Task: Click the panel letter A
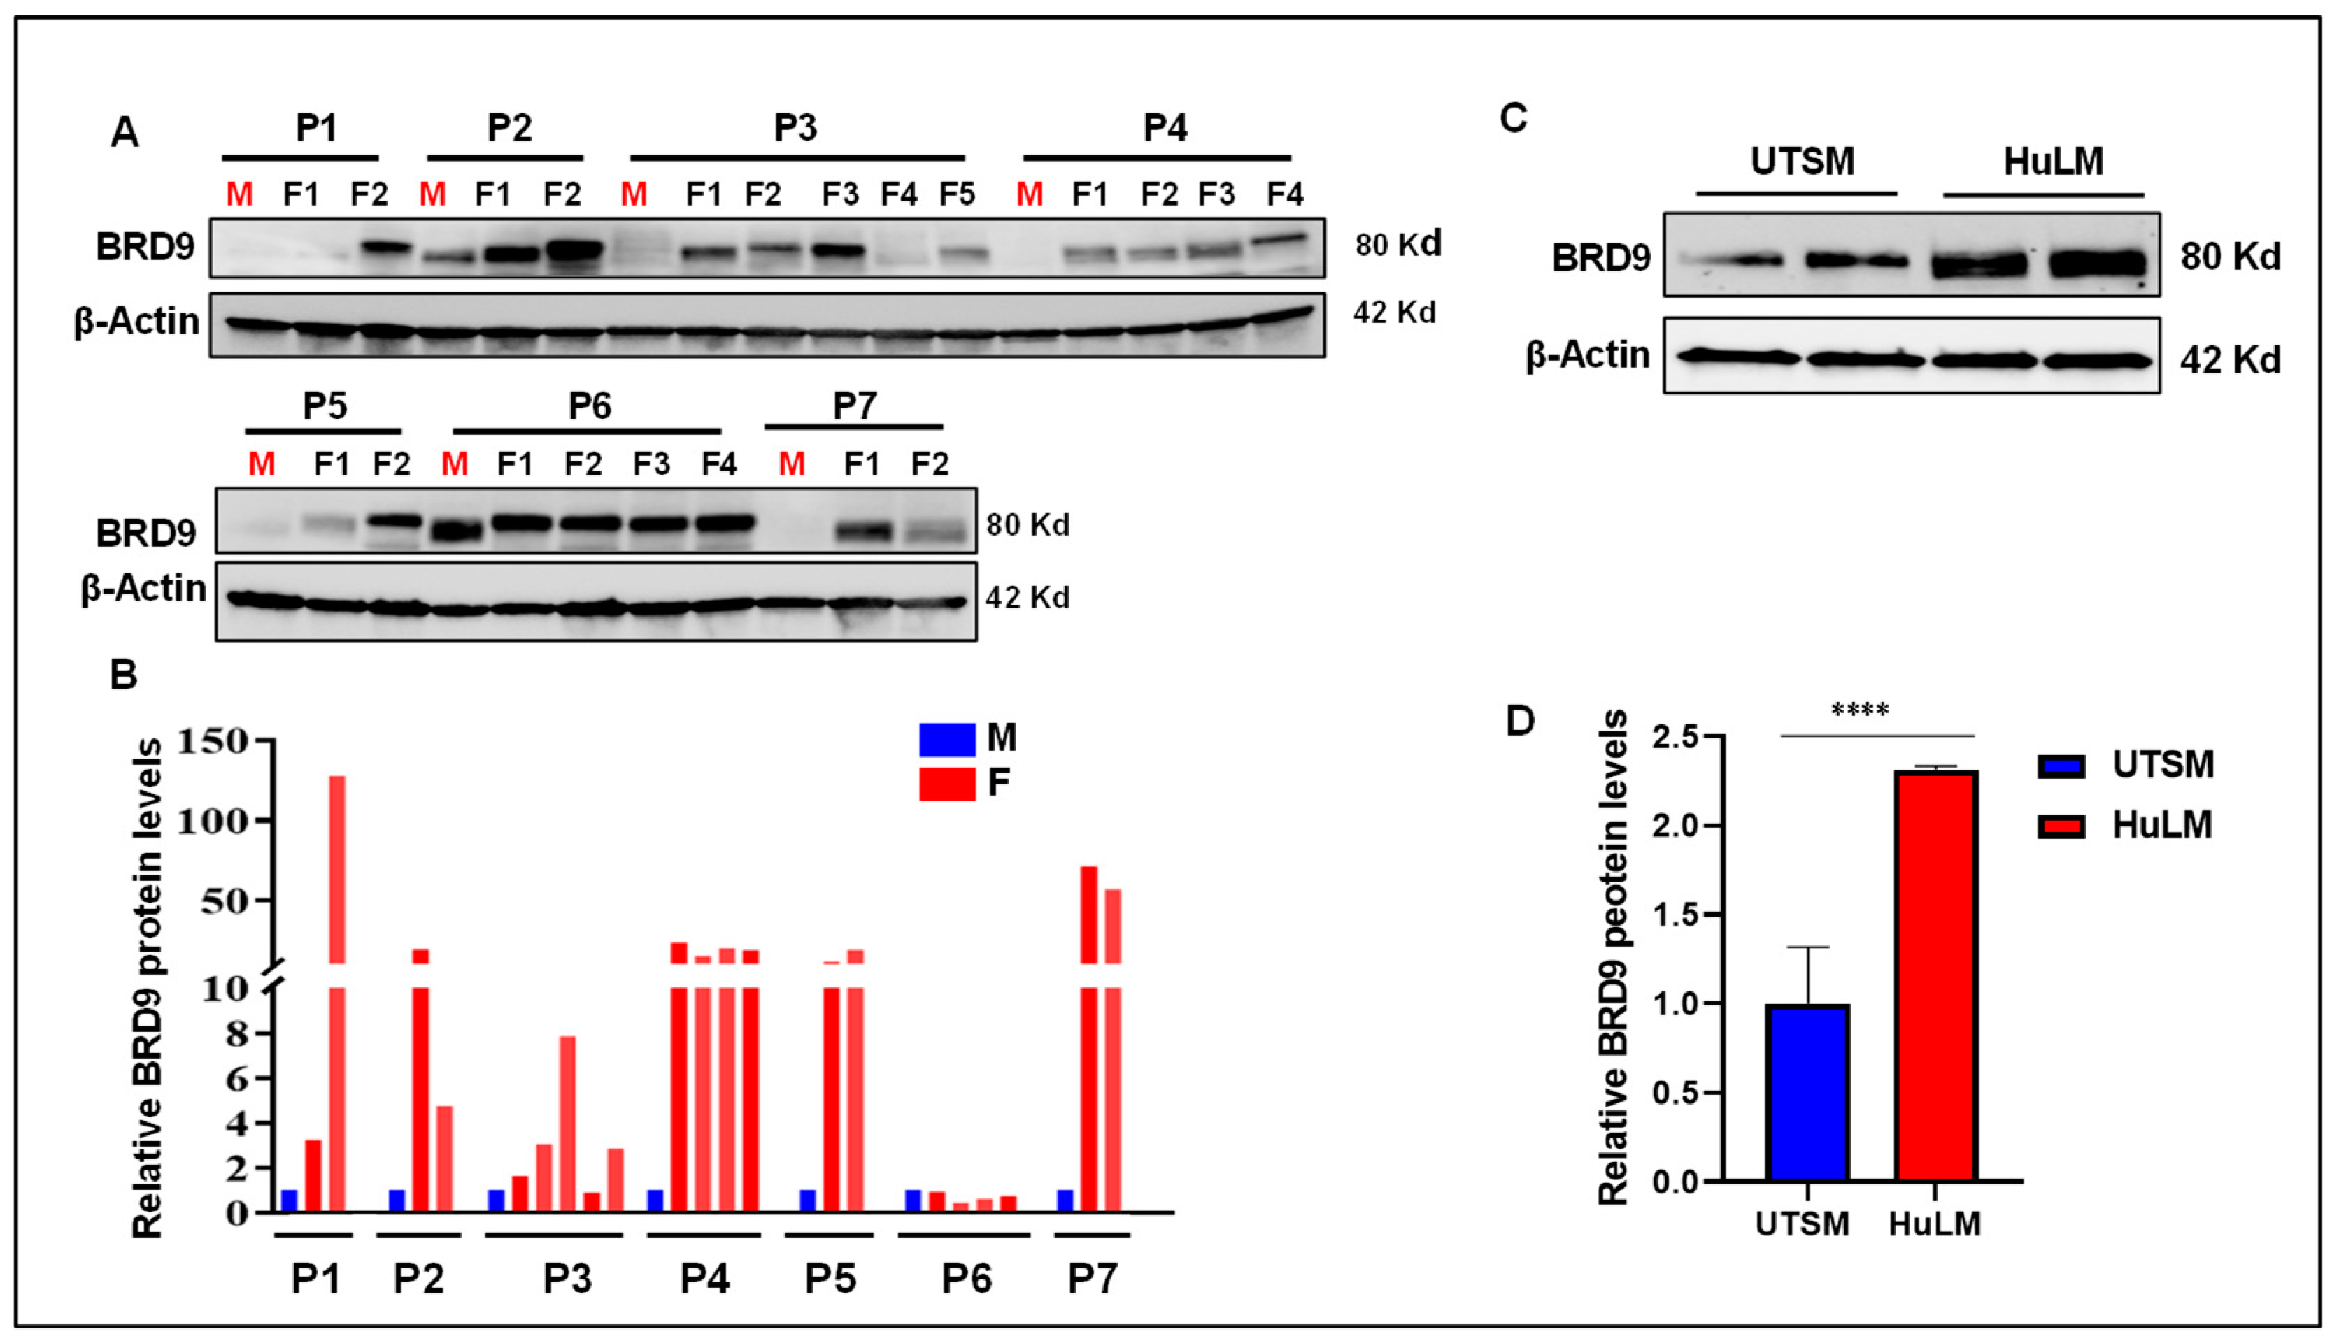(125, 133)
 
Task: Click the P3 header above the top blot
(795, 127)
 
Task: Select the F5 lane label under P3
(957, 194)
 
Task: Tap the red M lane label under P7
(791, 464)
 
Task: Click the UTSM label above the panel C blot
(1802, 162)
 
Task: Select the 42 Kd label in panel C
(2229, 359)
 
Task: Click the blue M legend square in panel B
(947, 738)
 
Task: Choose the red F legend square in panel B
(947, 784)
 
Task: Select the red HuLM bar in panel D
(1935, 976)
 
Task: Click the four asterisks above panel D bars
(1860, 710)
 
